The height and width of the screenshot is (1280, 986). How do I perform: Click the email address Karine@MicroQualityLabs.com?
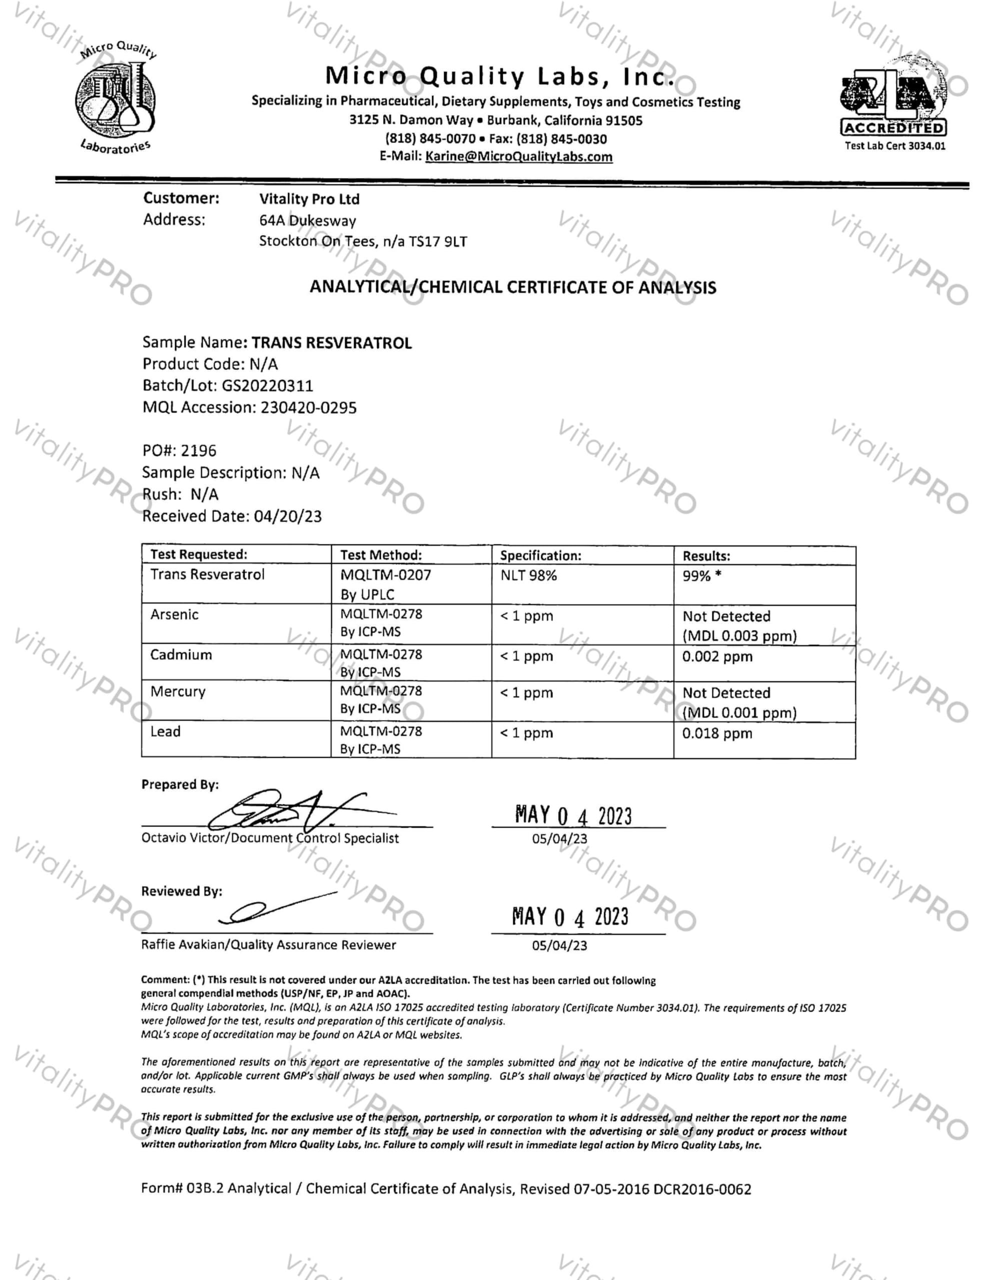point(519,156)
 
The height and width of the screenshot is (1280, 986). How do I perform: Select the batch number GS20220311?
point(267,385)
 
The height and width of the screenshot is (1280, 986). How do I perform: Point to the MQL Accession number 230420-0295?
point(308,407)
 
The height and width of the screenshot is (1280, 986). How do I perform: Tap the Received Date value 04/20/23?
point(288,516)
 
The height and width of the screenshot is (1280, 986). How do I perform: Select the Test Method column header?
point(381,555)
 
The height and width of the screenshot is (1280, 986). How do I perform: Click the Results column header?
point(706,555)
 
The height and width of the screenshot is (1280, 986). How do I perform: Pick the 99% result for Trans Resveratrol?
point(701,576)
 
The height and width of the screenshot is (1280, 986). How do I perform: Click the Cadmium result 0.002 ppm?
point(717,656)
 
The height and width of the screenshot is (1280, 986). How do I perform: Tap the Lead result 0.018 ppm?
point(717,733)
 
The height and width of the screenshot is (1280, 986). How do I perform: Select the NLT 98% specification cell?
point(528,575)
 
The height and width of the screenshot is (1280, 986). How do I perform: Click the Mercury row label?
point(178,691)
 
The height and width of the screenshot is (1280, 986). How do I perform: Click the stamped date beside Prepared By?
point(573,815)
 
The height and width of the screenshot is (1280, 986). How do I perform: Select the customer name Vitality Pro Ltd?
point(310,199)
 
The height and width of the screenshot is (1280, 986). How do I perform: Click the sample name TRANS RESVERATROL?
point(332,343)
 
